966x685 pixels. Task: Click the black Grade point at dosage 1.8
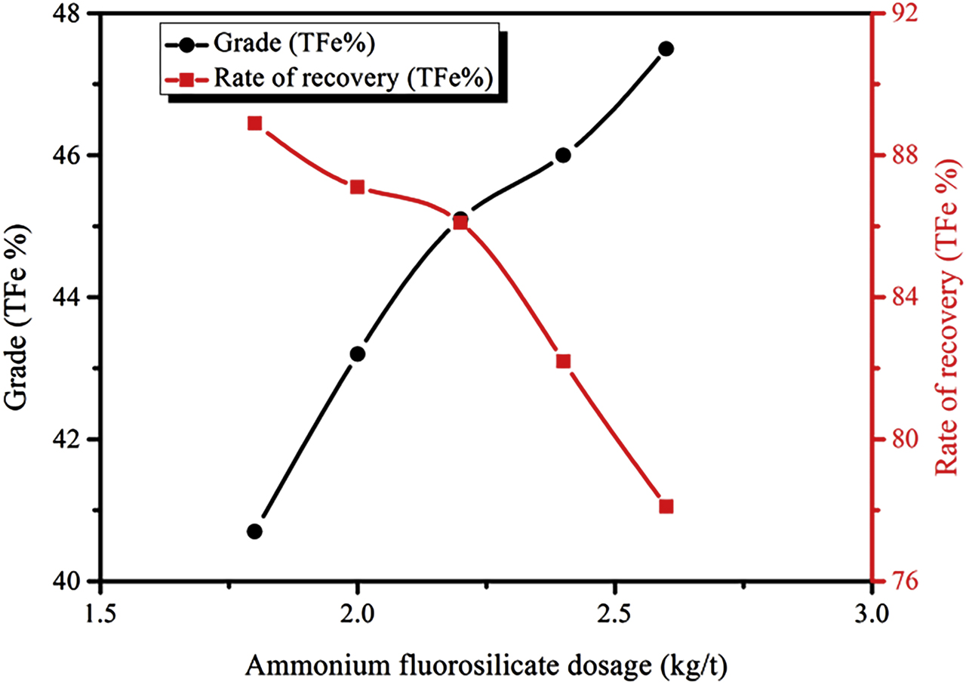(254, 531)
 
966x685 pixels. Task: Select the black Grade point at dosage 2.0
(357, 353)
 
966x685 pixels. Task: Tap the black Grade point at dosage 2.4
(563, 155)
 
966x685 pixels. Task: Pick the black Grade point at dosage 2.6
(666, 48)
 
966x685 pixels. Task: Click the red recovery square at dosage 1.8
(254, 123)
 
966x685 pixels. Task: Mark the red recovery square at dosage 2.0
(357, 187)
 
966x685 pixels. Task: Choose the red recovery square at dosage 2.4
(563, 361)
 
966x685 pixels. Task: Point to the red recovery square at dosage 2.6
(666, 506)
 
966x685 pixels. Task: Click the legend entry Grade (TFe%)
(295, 43)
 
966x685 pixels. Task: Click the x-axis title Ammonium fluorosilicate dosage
(486, 664)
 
